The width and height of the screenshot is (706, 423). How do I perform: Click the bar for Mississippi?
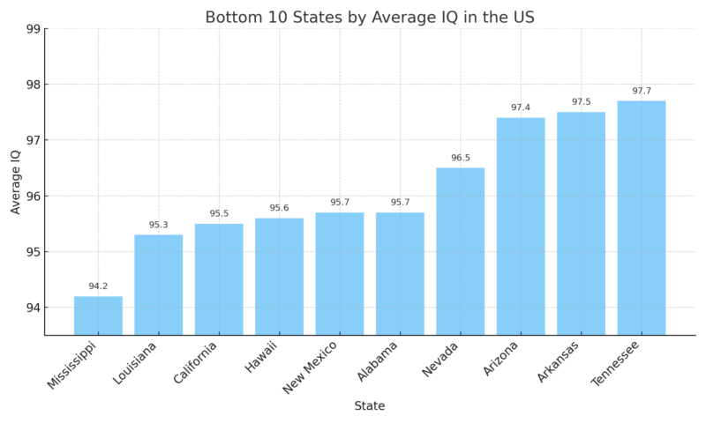(x=98, y=315)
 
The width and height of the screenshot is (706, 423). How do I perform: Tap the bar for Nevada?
(x=460, y=251)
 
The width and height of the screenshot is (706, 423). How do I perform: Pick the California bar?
(x=219, y=279)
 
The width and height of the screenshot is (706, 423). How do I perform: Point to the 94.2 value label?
(x=98, y=286)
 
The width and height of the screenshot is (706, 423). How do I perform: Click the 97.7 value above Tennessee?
(x=642, y=91)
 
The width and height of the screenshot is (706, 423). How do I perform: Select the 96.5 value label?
(x=460, y=158)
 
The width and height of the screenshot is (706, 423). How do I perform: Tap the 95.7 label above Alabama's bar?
(x=400, y=203)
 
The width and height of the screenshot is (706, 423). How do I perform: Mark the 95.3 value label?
(x=158, y=225)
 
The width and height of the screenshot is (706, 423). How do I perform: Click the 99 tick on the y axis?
(x=34, y=29)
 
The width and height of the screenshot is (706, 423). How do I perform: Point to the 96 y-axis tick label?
(x=34, y=197)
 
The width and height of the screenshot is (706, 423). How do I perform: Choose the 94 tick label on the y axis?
(x=34, y=308)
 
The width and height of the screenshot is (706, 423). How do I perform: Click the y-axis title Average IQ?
(x=15, y=182)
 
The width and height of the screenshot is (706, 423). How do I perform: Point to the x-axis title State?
(x=369, y=406)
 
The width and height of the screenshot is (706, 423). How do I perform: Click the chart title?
(x=369, y=17)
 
